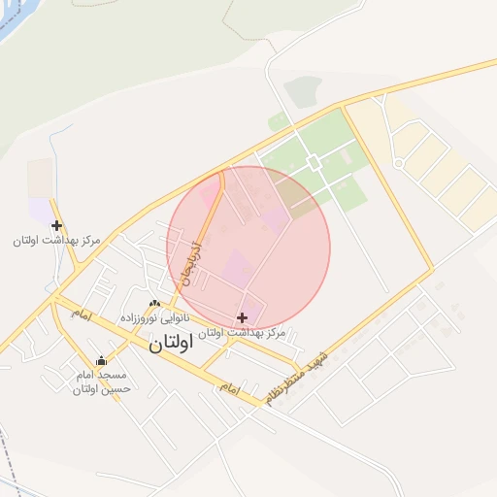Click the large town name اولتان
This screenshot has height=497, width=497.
point(172,343)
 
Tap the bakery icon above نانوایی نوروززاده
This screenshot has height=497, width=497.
point(154,304)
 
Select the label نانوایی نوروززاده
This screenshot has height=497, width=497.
point(155,318)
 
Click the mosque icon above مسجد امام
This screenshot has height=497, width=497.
point(101,362)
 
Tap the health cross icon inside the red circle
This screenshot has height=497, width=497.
point(242,317)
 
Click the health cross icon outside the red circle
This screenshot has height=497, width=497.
point(57,225)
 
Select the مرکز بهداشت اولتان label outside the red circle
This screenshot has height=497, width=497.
point(57,240)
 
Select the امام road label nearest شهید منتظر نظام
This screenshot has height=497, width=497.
point(229,386)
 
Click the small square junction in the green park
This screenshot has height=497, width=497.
point(313,161)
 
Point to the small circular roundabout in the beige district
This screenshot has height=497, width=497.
point(398,163)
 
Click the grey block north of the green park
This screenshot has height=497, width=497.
point(303,91)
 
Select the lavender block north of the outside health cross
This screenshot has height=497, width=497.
point(41,209)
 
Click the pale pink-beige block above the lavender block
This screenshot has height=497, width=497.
point(40,178)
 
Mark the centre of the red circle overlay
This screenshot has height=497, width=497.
point(248,248)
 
